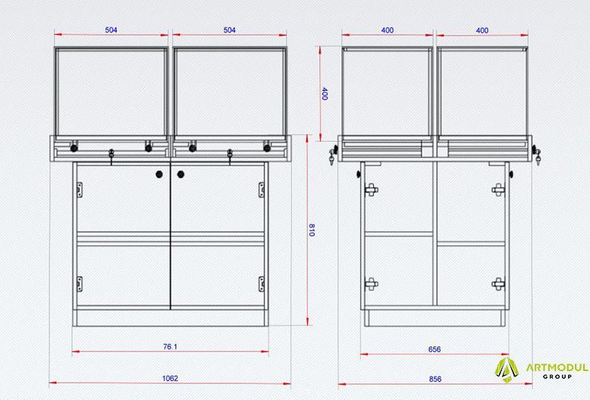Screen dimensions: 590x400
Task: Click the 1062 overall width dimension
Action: point(170,378)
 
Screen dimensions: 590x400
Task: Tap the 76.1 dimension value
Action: point(170,347)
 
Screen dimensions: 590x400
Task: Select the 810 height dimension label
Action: point(312,230)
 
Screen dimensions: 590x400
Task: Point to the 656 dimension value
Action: point(435,349)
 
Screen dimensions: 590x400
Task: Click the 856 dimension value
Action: point(435,379)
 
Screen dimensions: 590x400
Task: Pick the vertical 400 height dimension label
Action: point(325,94)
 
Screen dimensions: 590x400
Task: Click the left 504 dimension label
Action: point(111,30)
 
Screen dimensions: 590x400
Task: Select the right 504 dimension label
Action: point(230,30)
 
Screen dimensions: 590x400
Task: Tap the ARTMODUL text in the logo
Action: point(557,367)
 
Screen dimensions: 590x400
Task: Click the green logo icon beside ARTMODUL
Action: point(507,370)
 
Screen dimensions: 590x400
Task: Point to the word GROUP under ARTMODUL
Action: point(557,376)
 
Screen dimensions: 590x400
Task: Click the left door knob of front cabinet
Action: point(159,174)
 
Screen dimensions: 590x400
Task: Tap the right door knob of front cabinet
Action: point(180,174)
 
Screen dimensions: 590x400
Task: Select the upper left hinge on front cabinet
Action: point(80,190)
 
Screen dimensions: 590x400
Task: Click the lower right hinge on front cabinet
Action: point(261,284)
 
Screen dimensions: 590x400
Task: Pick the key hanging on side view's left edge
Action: point(332,156)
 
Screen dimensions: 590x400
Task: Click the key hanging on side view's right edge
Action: point(537,155)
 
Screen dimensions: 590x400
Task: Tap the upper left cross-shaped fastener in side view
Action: point(371,190)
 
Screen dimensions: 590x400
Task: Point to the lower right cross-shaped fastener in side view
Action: point(498,284)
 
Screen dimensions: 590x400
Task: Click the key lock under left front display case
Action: point(111,156)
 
